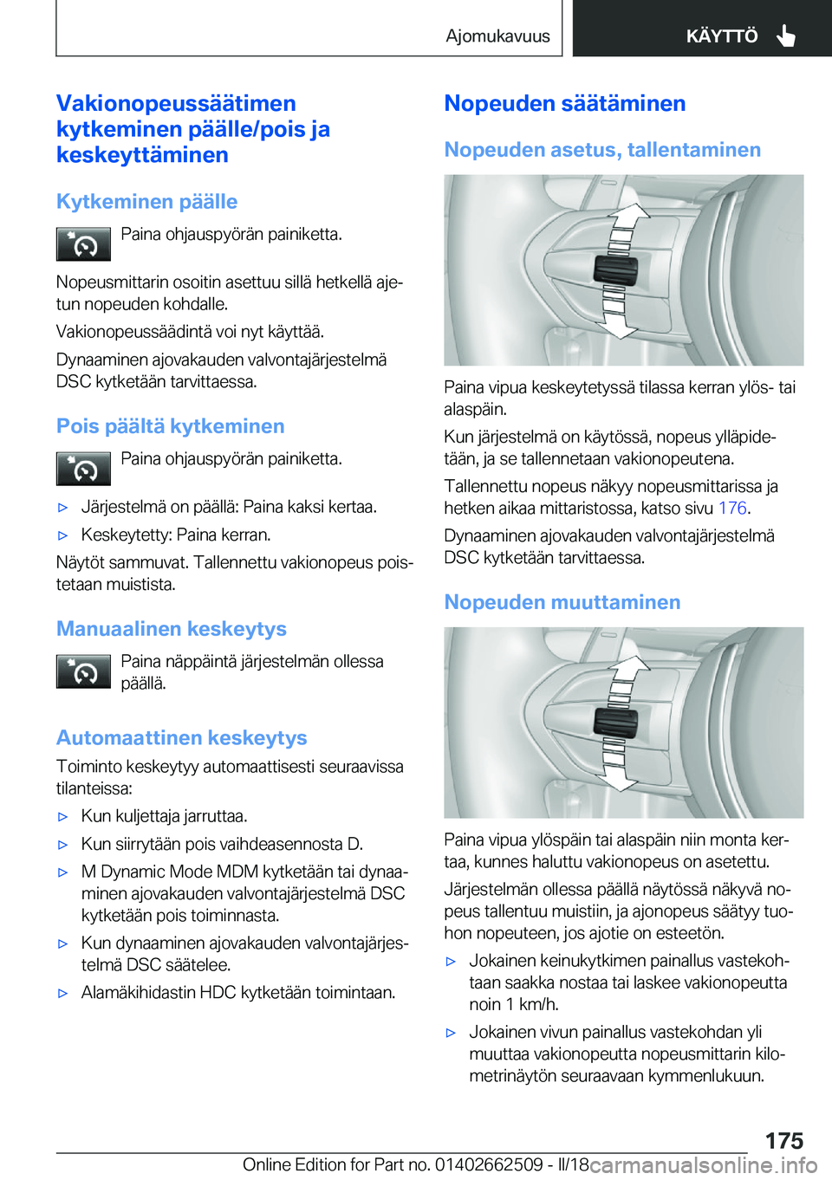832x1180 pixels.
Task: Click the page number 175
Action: (783, 1140)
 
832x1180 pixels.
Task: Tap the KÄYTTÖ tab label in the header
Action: (721, 36)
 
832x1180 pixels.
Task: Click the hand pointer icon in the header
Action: (786, 36)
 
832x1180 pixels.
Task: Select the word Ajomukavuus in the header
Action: (497, 36)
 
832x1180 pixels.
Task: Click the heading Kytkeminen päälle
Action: (146, 201)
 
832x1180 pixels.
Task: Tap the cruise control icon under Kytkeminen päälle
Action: (83, 244)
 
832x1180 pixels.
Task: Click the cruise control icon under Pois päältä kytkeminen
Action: (83, 469)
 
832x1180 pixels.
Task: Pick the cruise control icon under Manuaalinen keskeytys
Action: (83, 671)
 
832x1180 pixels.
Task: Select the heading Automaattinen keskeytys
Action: (181, 737)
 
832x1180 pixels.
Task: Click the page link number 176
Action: (731, 509)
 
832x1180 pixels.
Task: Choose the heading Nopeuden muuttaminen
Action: (562, 602)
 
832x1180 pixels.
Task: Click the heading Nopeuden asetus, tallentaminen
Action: (602, 150)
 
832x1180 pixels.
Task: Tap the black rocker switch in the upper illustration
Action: (615, 270)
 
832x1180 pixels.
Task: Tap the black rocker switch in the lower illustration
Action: (615, 723)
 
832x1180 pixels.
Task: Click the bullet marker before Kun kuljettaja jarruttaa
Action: (62, 816)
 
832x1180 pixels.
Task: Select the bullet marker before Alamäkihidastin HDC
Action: (62, 993)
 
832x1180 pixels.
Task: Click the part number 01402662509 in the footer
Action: (489, 1164)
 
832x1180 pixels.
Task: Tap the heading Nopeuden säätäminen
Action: (564, 103)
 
